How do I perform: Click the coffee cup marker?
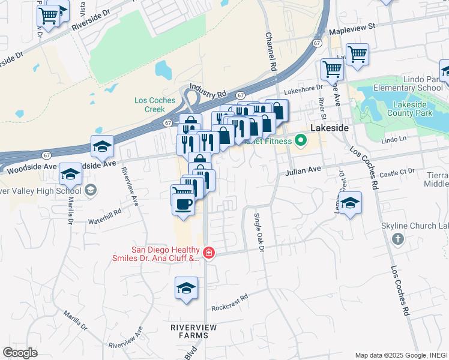[x=184, y=203]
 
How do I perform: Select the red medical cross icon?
[x=208, y=253]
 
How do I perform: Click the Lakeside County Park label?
[x=412, y=109]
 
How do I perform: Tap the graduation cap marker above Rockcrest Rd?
[x=187, y=288]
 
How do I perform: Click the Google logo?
[x=20, y=352]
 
